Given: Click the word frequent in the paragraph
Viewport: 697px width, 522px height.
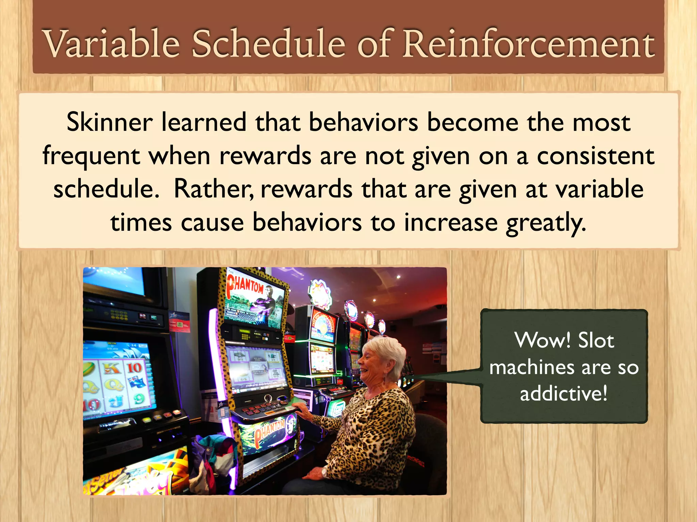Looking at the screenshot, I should click(x=91, y=156).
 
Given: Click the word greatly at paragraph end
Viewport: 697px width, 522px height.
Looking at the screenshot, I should click(x=546, y=223).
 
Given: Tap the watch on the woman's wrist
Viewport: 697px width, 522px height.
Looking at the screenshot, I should click(x=324, y=472).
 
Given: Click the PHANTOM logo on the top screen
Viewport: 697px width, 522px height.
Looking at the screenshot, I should click(x=245, y=284).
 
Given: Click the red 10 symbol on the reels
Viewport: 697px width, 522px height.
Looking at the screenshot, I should click(x=135, y=368).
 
